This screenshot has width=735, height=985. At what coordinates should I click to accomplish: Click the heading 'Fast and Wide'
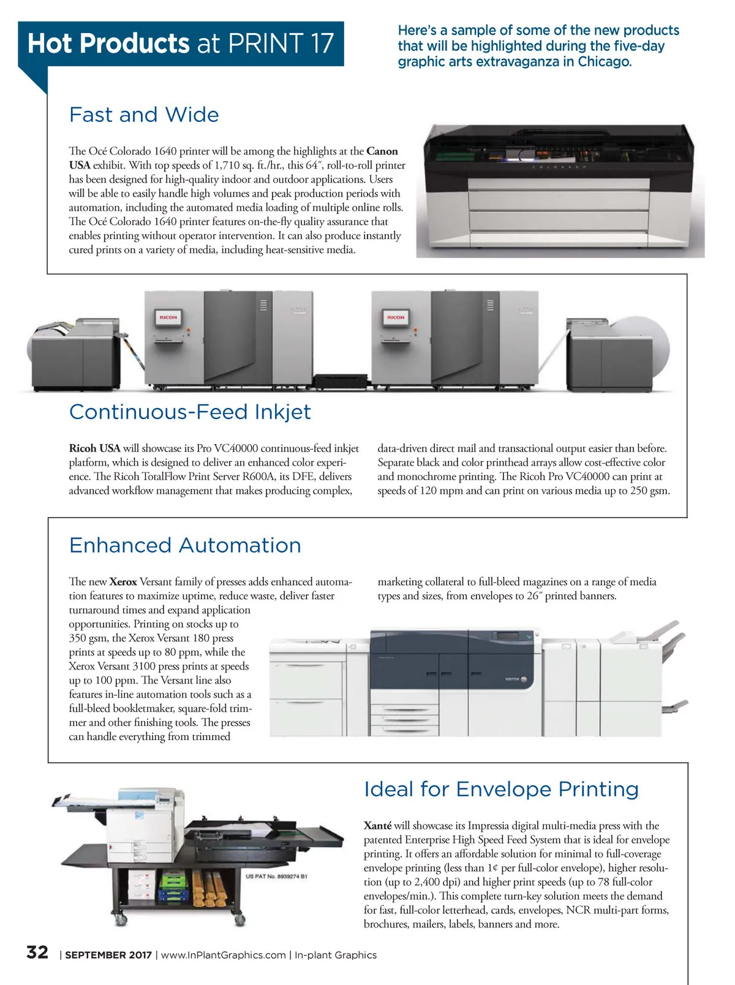coord(144,115)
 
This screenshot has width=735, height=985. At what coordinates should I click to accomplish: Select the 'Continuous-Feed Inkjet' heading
coord(190,412)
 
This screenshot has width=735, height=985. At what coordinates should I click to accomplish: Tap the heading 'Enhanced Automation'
coord(185,545)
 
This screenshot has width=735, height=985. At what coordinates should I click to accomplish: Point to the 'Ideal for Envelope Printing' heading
coord(501,789)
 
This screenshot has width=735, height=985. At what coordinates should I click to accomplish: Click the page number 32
coord(37,953)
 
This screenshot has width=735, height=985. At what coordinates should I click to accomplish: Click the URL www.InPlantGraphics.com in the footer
coord(223,955)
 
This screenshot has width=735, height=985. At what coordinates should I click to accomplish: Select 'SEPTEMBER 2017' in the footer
coord(108,955)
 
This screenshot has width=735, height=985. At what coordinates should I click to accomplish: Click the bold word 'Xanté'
coord(377,826)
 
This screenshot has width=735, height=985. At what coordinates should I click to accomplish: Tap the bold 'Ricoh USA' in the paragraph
coord(94,448)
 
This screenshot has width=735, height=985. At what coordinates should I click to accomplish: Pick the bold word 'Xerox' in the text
coord(123,582)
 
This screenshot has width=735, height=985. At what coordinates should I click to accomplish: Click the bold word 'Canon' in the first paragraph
coord(382,151)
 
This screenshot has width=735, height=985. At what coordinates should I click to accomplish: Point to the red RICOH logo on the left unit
coord(168,317)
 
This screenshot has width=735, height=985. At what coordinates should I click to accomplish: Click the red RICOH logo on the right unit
coord(396,317)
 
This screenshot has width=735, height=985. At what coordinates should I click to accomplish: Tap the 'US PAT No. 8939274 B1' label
coord(277,877)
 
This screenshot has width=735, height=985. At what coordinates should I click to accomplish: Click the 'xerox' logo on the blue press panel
coord(512,679)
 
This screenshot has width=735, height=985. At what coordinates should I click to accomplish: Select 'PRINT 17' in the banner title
coord(281,43)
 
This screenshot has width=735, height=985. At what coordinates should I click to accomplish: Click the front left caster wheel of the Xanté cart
coord(120,919)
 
